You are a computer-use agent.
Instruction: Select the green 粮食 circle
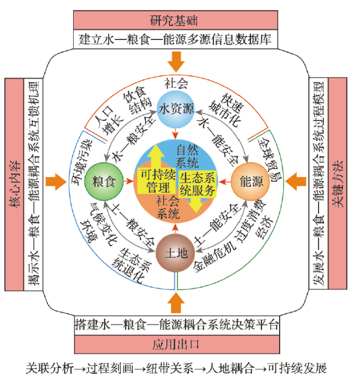[x=104, y=181]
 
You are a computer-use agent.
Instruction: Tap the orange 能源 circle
[x=250, y=181]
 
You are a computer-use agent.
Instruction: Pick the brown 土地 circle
[x=176, y=253]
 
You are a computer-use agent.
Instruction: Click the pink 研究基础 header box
[x=176, y=21]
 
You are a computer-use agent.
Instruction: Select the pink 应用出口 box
[x=177, y=344]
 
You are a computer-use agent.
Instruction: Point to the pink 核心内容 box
[x=14, y=185]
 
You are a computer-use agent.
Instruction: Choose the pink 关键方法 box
[x=337, y=183]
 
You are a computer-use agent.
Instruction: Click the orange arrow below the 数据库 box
[x=176, y=62]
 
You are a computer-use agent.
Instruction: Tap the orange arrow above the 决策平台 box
[x=176, y=303]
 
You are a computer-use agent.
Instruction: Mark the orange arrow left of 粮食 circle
[x=56, y=182]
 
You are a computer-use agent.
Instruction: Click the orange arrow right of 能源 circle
[x=296, y=181]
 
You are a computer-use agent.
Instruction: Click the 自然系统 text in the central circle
[x=187, y=156]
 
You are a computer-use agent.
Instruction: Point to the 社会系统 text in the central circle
[x=168, y=207]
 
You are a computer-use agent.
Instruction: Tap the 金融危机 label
[x=215, y=257]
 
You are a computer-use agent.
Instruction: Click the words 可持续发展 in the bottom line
[x=297, y=368]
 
